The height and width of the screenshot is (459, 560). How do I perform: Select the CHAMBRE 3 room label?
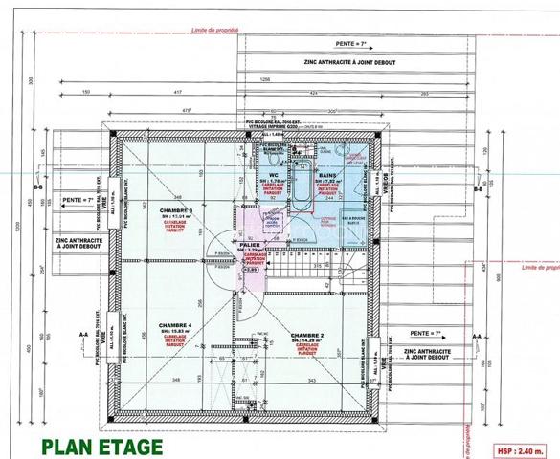176,211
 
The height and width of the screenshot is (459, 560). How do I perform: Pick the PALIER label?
251,245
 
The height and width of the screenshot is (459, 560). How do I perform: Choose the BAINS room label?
326,176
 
